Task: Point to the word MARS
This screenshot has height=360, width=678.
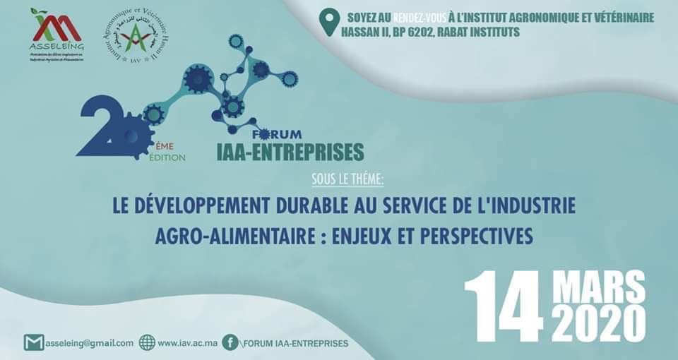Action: (598, 288)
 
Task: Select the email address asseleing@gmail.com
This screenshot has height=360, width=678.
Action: (89, 343)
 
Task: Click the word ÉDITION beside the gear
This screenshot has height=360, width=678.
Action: (167, 157)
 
